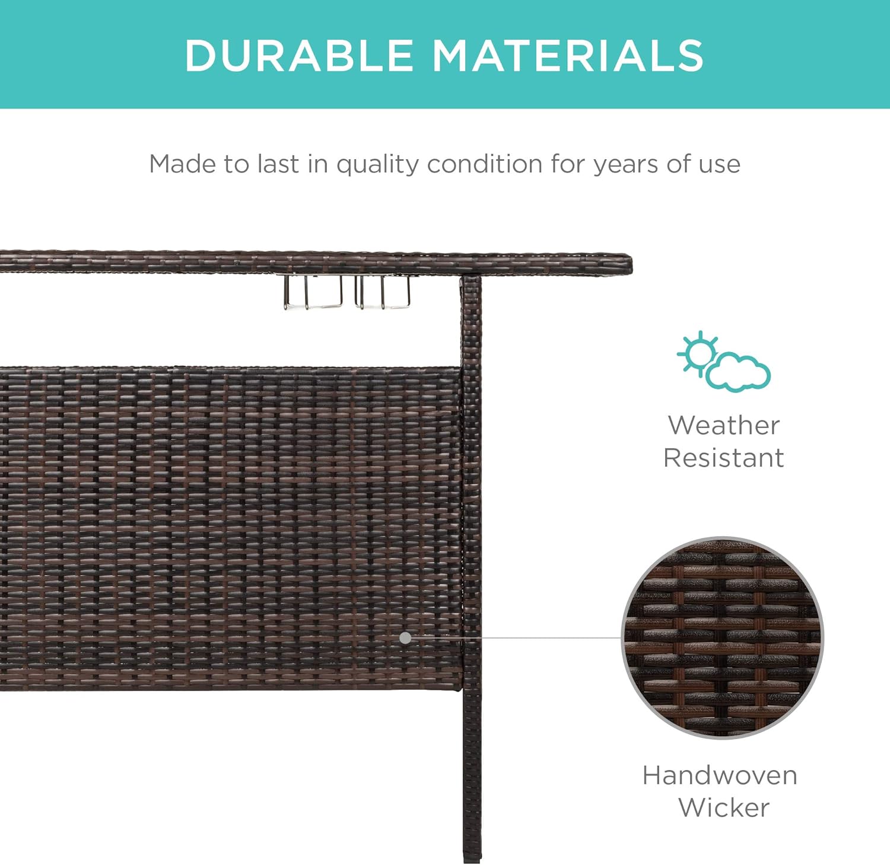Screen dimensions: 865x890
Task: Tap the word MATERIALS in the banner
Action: coord(568,55)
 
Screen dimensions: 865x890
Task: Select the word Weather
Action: coord(723,426)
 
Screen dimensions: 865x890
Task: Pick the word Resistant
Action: coord(723,458)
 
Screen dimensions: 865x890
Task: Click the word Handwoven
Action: coord(720,775)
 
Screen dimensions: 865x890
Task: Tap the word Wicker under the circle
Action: coord(723,807)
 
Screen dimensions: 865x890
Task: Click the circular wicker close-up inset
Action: coord(722,638)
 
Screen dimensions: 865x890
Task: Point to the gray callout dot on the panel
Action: coord(405,638)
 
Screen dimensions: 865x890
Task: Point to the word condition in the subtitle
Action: coord(484,164)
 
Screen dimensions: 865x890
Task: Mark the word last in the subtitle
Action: coord(278,164)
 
